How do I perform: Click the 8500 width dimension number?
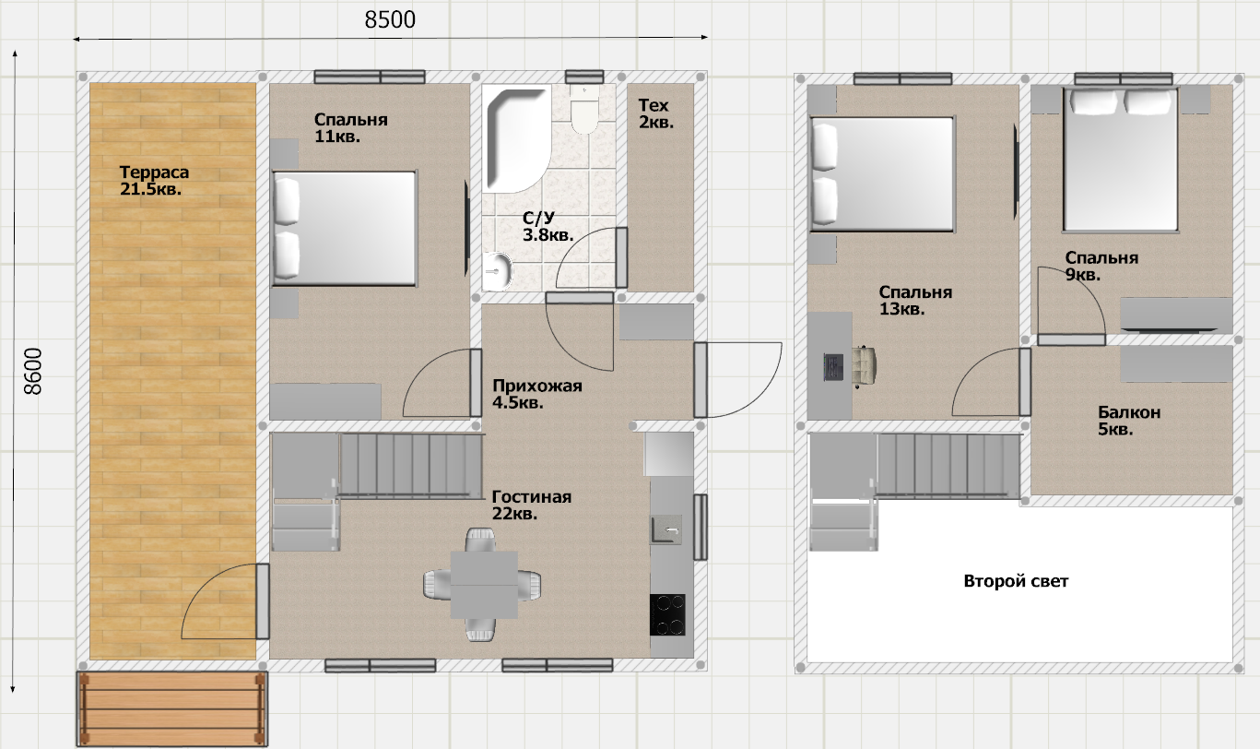tap(390, 19)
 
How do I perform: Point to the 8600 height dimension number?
tap(33, 371)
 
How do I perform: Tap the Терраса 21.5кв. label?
tap(154, 180)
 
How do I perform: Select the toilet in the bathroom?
tap(584, 109)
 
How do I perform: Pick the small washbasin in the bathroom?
tap(497, 271)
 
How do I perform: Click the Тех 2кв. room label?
tap(656, 113)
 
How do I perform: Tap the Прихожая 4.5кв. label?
tap(536, 394)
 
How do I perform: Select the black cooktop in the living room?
tap(667, 614)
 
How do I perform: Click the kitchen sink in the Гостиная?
tap(666, 529)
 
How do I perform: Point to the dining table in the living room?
tap(484, 585)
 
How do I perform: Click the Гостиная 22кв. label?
tap(532, 505)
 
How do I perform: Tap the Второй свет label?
tap(1016, 581)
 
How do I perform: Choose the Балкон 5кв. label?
tap(1129, 421)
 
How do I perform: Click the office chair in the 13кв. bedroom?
tap(864, 367)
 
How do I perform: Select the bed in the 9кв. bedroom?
tap(1121, 160)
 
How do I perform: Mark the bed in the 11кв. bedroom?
tap(344, 229)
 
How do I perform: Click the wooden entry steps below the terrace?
tap(172, 708)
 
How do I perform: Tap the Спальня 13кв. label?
tap(915, 301)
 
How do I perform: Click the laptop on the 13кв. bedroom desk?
tap(833, 367)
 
